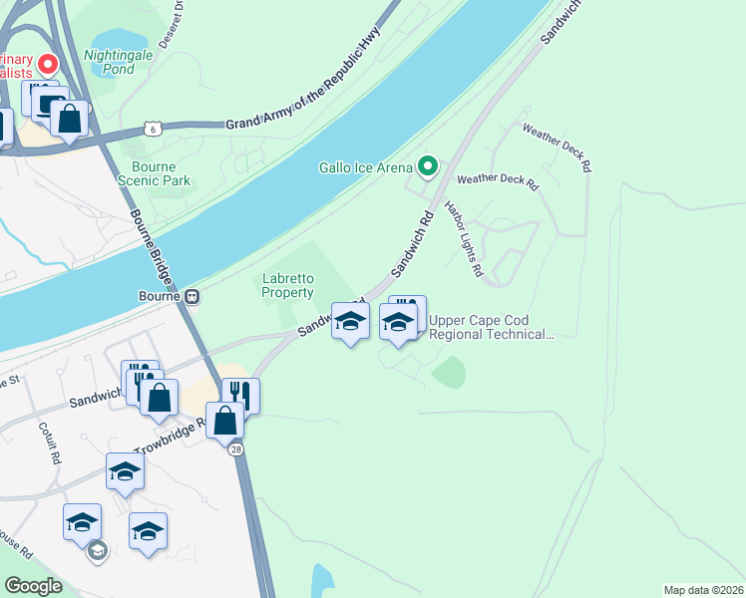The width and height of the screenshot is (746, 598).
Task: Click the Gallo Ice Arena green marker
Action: pyautogui.click(x=429, y=166)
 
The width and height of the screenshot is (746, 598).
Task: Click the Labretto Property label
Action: pyautogui.click(x=287, y=285)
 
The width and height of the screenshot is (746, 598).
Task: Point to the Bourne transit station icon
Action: pyautogui.click(x=189, y=296)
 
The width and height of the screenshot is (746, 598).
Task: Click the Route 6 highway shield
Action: pyautogui.click(x=152, y=129)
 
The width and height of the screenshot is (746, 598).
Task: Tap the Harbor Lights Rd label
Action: pyautogui.click(x=465, y=240)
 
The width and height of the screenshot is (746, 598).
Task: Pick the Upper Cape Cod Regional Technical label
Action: pyautogui.click(x=492, y=327)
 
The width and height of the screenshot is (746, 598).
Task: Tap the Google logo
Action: pyautogui.click(x=33, y=586)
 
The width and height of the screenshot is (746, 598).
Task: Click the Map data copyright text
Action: pyautogui.click(x=704, y=589)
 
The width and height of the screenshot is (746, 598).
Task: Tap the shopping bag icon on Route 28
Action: pyautogui.click(x=226, y=419)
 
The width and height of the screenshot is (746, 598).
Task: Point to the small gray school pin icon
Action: pyautogui.click(x=97, y=550)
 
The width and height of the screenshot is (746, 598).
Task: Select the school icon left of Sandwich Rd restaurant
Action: pyautogui.click(x=350, y=321)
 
